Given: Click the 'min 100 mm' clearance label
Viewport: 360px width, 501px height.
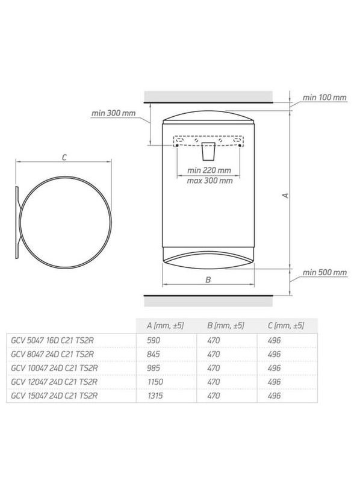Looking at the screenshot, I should pyautogui.click(x=324, y=97).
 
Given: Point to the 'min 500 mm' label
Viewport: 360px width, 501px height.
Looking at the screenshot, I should pyautogui.click(x=324, y=272).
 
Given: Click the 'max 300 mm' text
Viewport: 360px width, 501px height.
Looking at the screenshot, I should pyautogui.click(x=209, y=180).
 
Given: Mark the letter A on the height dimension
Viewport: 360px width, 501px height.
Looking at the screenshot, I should pyautogui.click(x=287, y=195).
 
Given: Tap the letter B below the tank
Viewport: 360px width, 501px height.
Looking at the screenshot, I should pyautogui.click(x=208, y=279).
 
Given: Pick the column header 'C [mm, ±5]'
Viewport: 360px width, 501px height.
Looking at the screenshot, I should pyautogui.click(x=285, y=325).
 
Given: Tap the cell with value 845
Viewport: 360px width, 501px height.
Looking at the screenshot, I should pyautogui.click(x=155, y=354).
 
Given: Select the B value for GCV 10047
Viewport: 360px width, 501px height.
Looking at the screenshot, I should pyautogui.click(x=213, y=367).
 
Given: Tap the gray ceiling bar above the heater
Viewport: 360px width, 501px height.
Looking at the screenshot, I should pyautogui.click(x=208, y=97).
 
